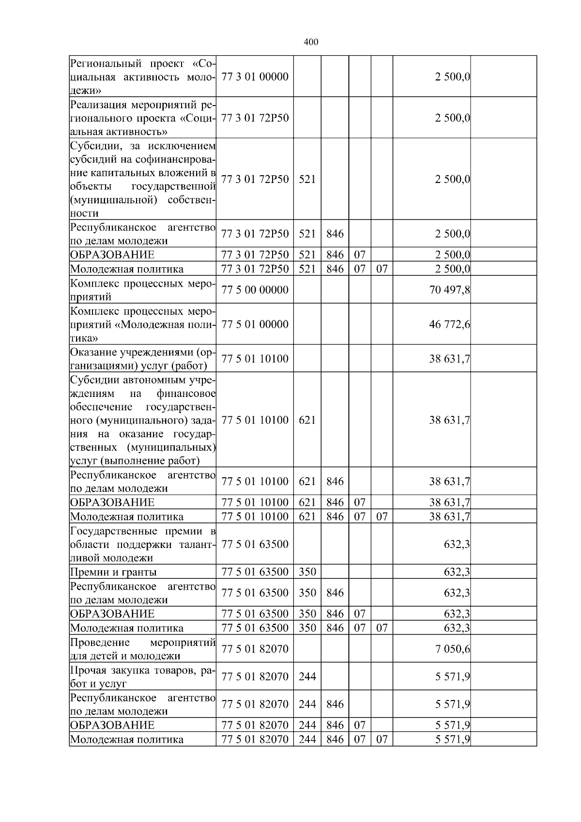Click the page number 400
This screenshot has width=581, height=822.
click(311, 42)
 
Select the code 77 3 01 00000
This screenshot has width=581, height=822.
click(255, 76)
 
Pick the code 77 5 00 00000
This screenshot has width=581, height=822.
click(255, 290)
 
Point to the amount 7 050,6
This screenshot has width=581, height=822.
click(452, 649)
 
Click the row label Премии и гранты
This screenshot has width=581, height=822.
click(114, 572)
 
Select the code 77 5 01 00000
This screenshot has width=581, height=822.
click(255, 324)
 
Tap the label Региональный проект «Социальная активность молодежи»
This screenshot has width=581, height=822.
click(143, 76)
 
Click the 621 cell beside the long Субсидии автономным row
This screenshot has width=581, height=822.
click(307, 420)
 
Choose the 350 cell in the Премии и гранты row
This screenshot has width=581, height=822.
click(307, 572)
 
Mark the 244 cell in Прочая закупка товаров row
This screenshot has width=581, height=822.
click(307, 677)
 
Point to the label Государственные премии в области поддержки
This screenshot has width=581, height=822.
click(143, 545)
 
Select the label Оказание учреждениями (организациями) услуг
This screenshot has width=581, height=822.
click(143, 359)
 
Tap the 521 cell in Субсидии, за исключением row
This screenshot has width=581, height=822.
click(307, 180)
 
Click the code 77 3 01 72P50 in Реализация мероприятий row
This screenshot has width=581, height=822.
click(255, 118)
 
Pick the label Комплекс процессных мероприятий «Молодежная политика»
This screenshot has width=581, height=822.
click(143, 324)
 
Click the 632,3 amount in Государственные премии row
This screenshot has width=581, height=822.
click(457, 545)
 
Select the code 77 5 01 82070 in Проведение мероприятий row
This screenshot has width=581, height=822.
click(255, 649)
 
